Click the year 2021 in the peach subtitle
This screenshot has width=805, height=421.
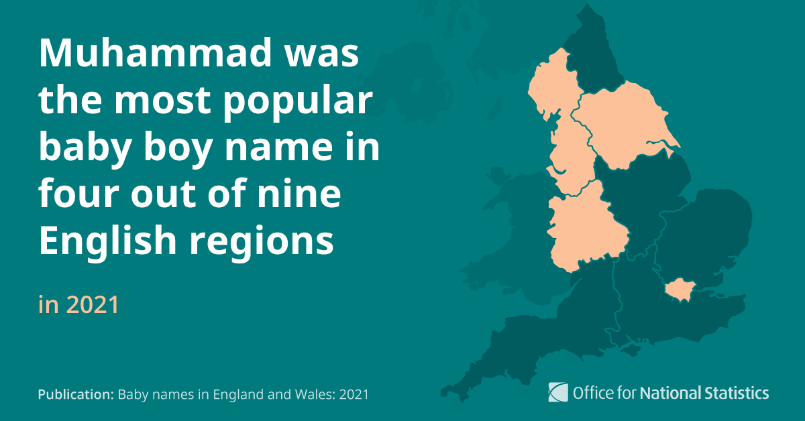(x=93, y=305)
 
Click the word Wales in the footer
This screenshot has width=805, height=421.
(x=308, y=395)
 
